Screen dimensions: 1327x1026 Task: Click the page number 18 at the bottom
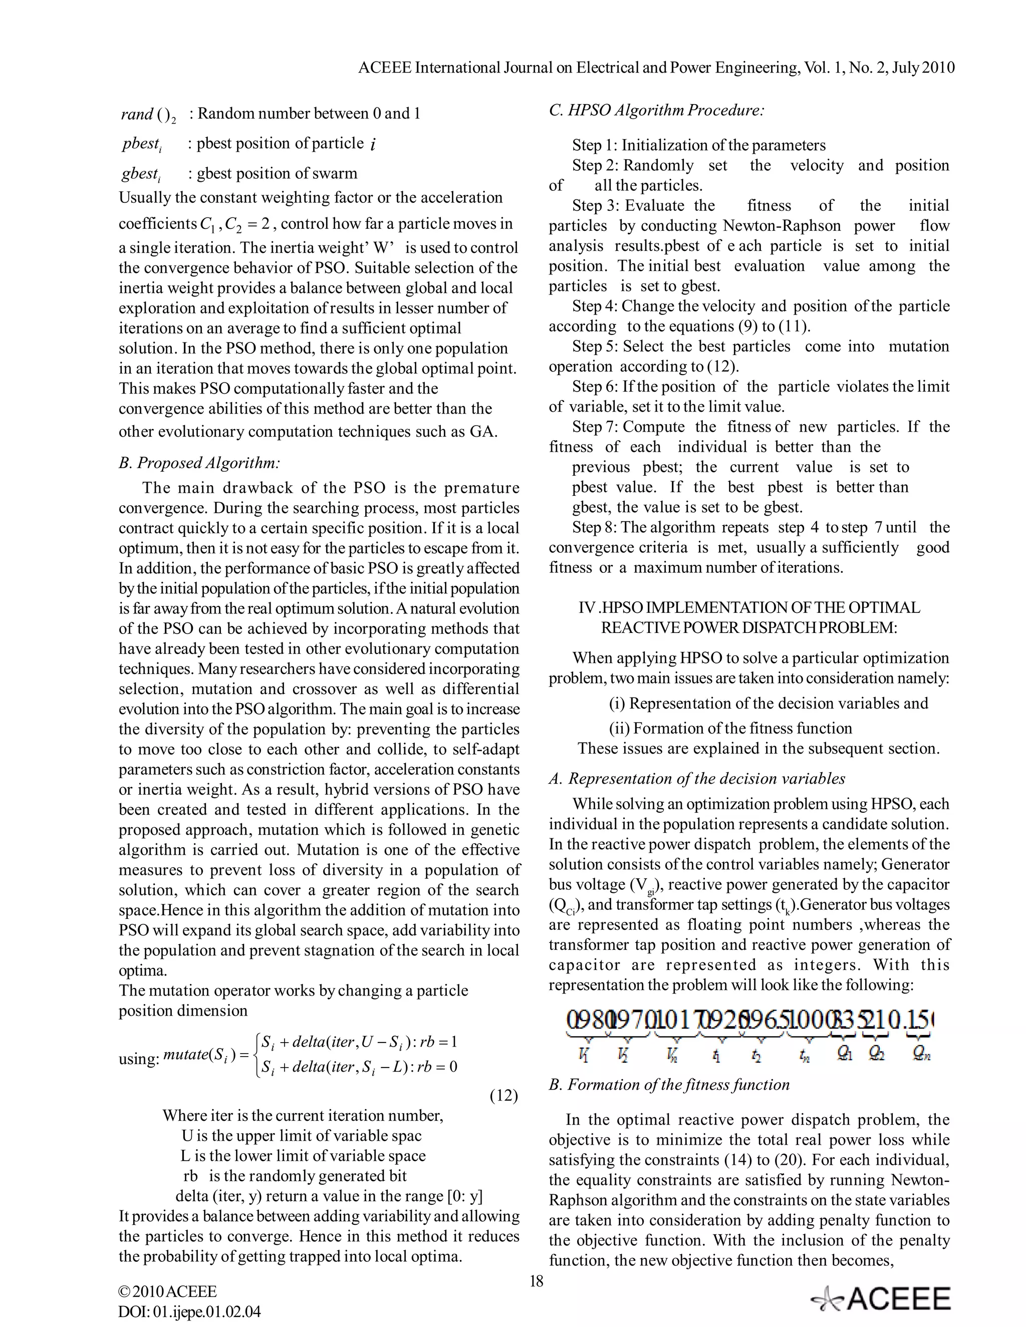(536, 1281)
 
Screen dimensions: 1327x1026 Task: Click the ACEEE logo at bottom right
(881, 1298)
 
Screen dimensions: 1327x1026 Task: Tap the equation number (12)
(504, 1096)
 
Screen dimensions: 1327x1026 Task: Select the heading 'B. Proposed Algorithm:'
(199, 463)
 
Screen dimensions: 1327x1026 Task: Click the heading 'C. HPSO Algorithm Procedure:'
(656, 111)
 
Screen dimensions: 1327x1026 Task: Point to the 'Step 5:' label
(595, 347)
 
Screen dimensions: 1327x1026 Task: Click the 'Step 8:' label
(595, 527)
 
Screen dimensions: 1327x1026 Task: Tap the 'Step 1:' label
(595, 145)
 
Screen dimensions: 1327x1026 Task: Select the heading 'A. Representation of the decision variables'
(696, 779)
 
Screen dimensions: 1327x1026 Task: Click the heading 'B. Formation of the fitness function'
(669, 1085)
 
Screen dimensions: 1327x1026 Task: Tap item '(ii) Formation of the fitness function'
(730, 728)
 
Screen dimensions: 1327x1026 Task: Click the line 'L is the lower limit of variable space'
(303, 1156)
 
